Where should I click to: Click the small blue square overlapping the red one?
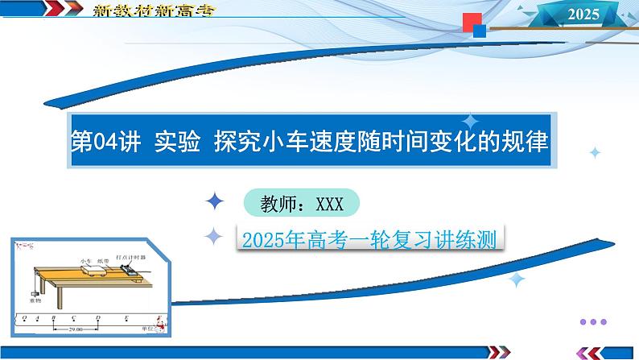(x=479, y=31)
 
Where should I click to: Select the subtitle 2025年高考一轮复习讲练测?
(x=366, y=238)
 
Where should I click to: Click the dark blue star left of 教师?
(x=216, y=202)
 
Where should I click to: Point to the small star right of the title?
(x=594, y=151)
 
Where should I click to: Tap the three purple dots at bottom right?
(x=599, y=321)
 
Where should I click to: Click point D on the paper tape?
(x=98, y=318)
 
